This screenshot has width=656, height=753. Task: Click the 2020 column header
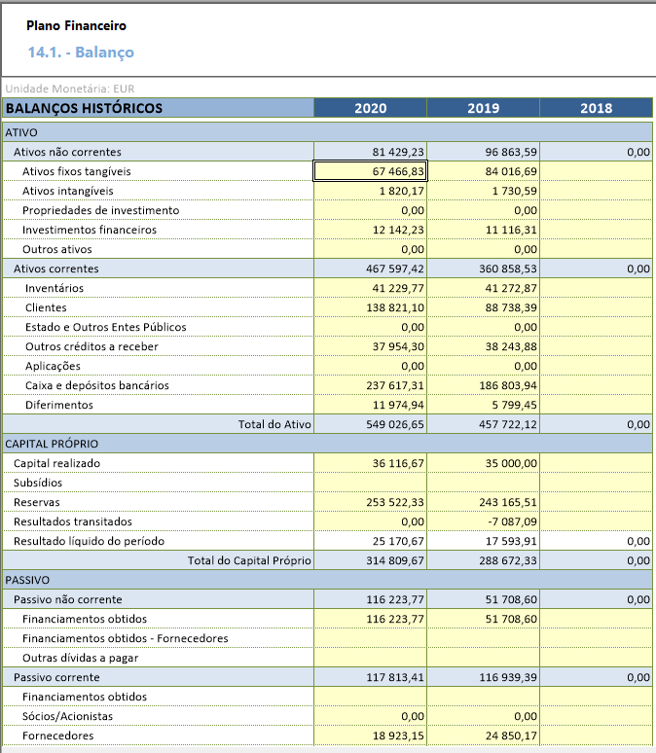tap(370, 108)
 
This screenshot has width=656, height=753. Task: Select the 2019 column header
tap(483, 108)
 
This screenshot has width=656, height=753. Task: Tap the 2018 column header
tap(596, 108)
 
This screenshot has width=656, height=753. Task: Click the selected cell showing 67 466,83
tap(370, 171)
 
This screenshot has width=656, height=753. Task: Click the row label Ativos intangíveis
tap(67, 191)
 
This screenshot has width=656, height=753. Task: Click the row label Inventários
tap(55, 288)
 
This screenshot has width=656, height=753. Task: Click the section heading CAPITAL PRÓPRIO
tap(52, 444)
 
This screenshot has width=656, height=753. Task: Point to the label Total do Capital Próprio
tap(249, 560)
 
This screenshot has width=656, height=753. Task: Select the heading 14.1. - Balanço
tap(81, 52)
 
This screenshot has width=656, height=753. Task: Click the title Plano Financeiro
tap(76, 25)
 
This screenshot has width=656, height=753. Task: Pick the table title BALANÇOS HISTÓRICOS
tap(84, 108)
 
